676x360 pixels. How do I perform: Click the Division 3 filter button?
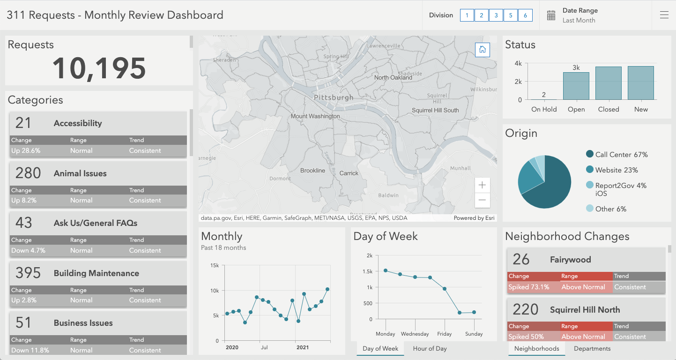[x=496, y=15]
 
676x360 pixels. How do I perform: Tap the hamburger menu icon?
[x=664, y=15]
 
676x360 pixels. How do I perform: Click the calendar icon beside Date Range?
[x=551, y=15]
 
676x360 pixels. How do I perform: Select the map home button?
[x=483, y=50]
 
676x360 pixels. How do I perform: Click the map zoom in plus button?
[x=482, y=185]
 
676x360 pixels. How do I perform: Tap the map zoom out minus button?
[x=482, y=201]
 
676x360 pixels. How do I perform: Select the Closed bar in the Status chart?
[x=609, y=83]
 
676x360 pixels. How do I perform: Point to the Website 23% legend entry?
[x=617, y=170]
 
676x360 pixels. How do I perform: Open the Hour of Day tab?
[x=430, y=349]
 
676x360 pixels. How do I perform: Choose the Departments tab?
[x=592, y=349]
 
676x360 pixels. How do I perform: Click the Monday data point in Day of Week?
[x=386, y=270]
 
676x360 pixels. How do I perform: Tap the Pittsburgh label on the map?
[x=334, y=97]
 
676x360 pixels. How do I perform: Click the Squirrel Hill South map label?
[x=435, y=110]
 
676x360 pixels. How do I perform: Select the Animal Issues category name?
[x=80, y=173]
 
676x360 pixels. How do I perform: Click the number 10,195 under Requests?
[x=99, y=68]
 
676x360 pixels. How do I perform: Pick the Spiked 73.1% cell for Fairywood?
[x=529, y=287]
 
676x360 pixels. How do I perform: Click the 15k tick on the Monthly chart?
[x=215, y=265]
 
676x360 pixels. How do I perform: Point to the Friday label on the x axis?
[x=445, y=334]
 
